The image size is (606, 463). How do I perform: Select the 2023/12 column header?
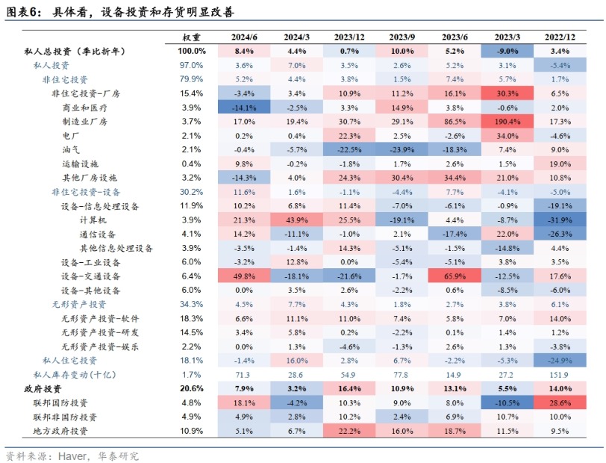click(349, 37)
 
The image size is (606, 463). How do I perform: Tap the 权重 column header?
click(192, 37)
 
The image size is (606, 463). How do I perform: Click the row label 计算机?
click(95, 220)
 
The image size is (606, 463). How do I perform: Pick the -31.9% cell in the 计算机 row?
click(560, 220)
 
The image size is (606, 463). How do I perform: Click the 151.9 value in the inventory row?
click(560, 375)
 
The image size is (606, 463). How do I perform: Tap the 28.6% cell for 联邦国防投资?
click(560, 403)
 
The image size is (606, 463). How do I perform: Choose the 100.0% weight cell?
click(192, 51)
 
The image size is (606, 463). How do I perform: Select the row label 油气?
click(72, 149)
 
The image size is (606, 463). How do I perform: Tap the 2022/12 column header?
click(560, 37)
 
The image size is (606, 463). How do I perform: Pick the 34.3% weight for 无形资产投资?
click(192, 305)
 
